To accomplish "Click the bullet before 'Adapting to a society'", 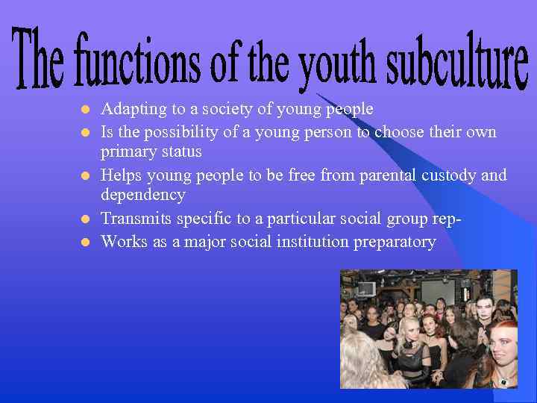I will (x=85, y=110).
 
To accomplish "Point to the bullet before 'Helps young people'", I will (x=85, y=176).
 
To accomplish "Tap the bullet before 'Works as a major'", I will (x=85, y=242).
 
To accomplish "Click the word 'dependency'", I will (x=143, y=196).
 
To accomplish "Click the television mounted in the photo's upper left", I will (x=366, y=289).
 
